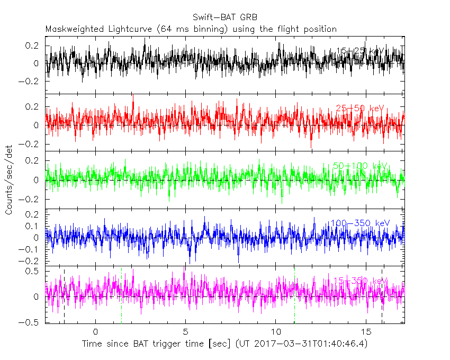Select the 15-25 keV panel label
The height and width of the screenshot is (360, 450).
pyautogui.click(x=360, y=51)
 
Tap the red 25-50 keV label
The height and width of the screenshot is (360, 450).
pyautogui.click(x=359, y=109)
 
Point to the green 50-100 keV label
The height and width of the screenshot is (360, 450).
pyautogui.click(x=360, y=166)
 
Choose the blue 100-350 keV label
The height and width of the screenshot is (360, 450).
pyautogui.click(x=359, y=223)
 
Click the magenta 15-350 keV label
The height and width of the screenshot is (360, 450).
pyautogui.click(x=359, y=281)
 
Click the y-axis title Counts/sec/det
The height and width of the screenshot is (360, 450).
pyautogui.click(x=9, y=180)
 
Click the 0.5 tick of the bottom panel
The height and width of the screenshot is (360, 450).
pyautogui.click(x=33, y=272)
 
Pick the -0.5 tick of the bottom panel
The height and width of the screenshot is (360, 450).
pyautogui.click(x=31, y=321)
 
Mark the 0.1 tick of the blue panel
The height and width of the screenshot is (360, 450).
pyautogui.click(x=33, y=226)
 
